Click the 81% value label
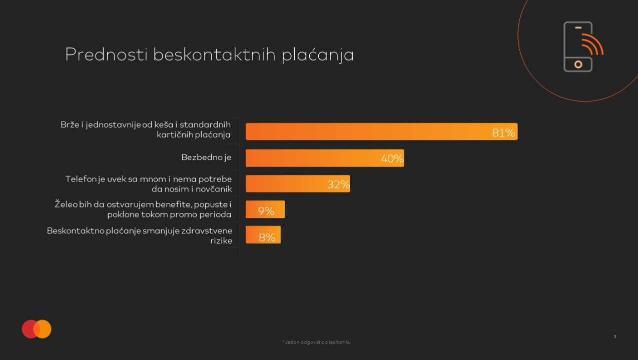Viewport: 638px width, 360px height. coord(503,132)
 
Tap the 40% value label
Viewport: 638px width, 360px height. coord(392,158)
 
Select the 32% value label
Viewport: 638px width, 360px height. coord(339,184)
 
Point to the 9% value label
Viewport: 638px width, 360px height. coord(266,211)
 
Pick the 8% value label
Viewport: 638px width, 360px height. coord(267,237)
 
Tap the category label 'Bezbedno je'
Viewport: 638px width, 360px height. coord(206,157)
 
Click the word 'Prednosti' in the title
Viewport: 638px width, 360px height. coord(106,54)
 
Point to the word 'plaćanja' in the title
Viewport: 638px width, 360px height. coord(318,55)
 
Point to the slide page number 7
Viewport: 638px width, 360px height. coord(615,337)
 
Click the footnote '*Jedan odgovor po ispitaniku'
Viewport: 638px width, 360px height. coord(316,342)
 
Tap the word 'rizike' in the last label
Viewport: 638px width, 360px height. coord(222,241)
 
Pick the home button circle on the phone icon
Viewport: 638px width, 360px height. coord(578,64)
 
